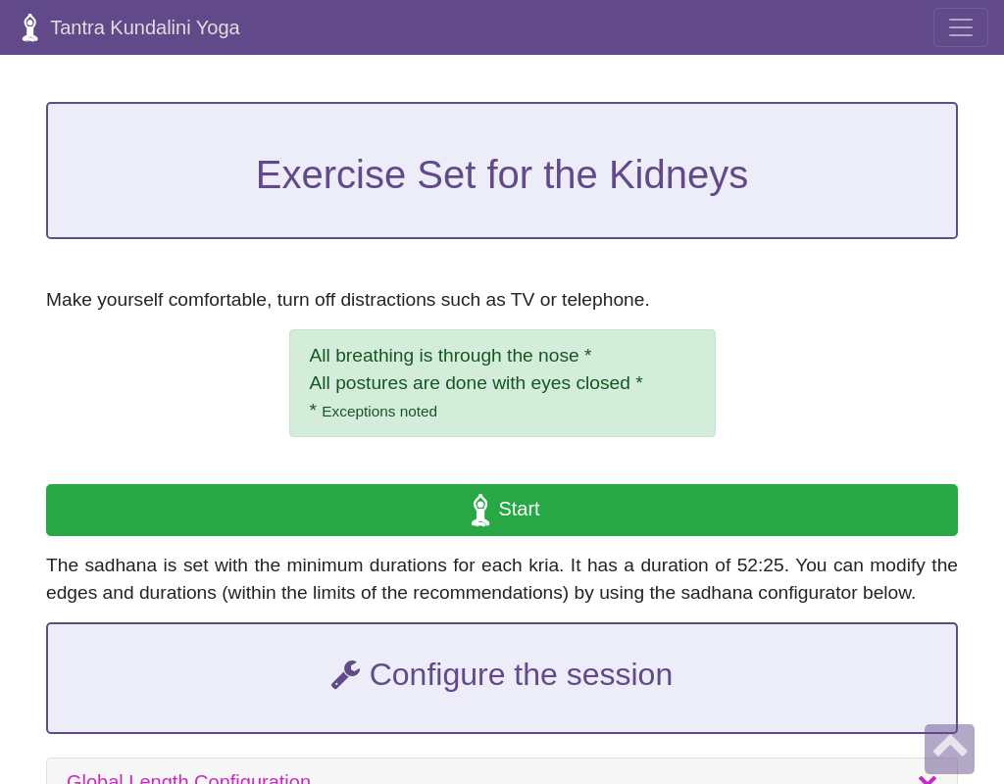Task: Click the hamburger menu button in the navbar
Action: point(960,27)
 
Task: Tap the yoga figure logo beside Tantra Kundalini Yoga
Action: point(29,27)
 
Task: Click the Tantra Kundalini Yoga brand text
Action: point(145,27)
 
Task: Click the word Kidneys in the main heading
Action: point(678,174)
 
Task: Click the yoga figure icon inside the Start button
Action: point(480,510)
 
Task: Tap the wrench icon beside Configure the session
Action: point(345,674)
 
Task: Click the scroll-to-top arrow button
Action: point(949,749)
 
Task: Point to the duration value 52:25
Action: point(763,565)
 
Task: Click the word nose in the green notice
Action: point(556,356)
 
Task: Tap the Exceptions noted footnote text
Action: point(379,412)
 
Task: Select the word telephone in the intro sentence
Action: point(605,300)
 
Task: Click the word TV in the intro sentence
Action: point(523,300)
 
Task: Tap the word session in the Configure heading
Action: point(624,674)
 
